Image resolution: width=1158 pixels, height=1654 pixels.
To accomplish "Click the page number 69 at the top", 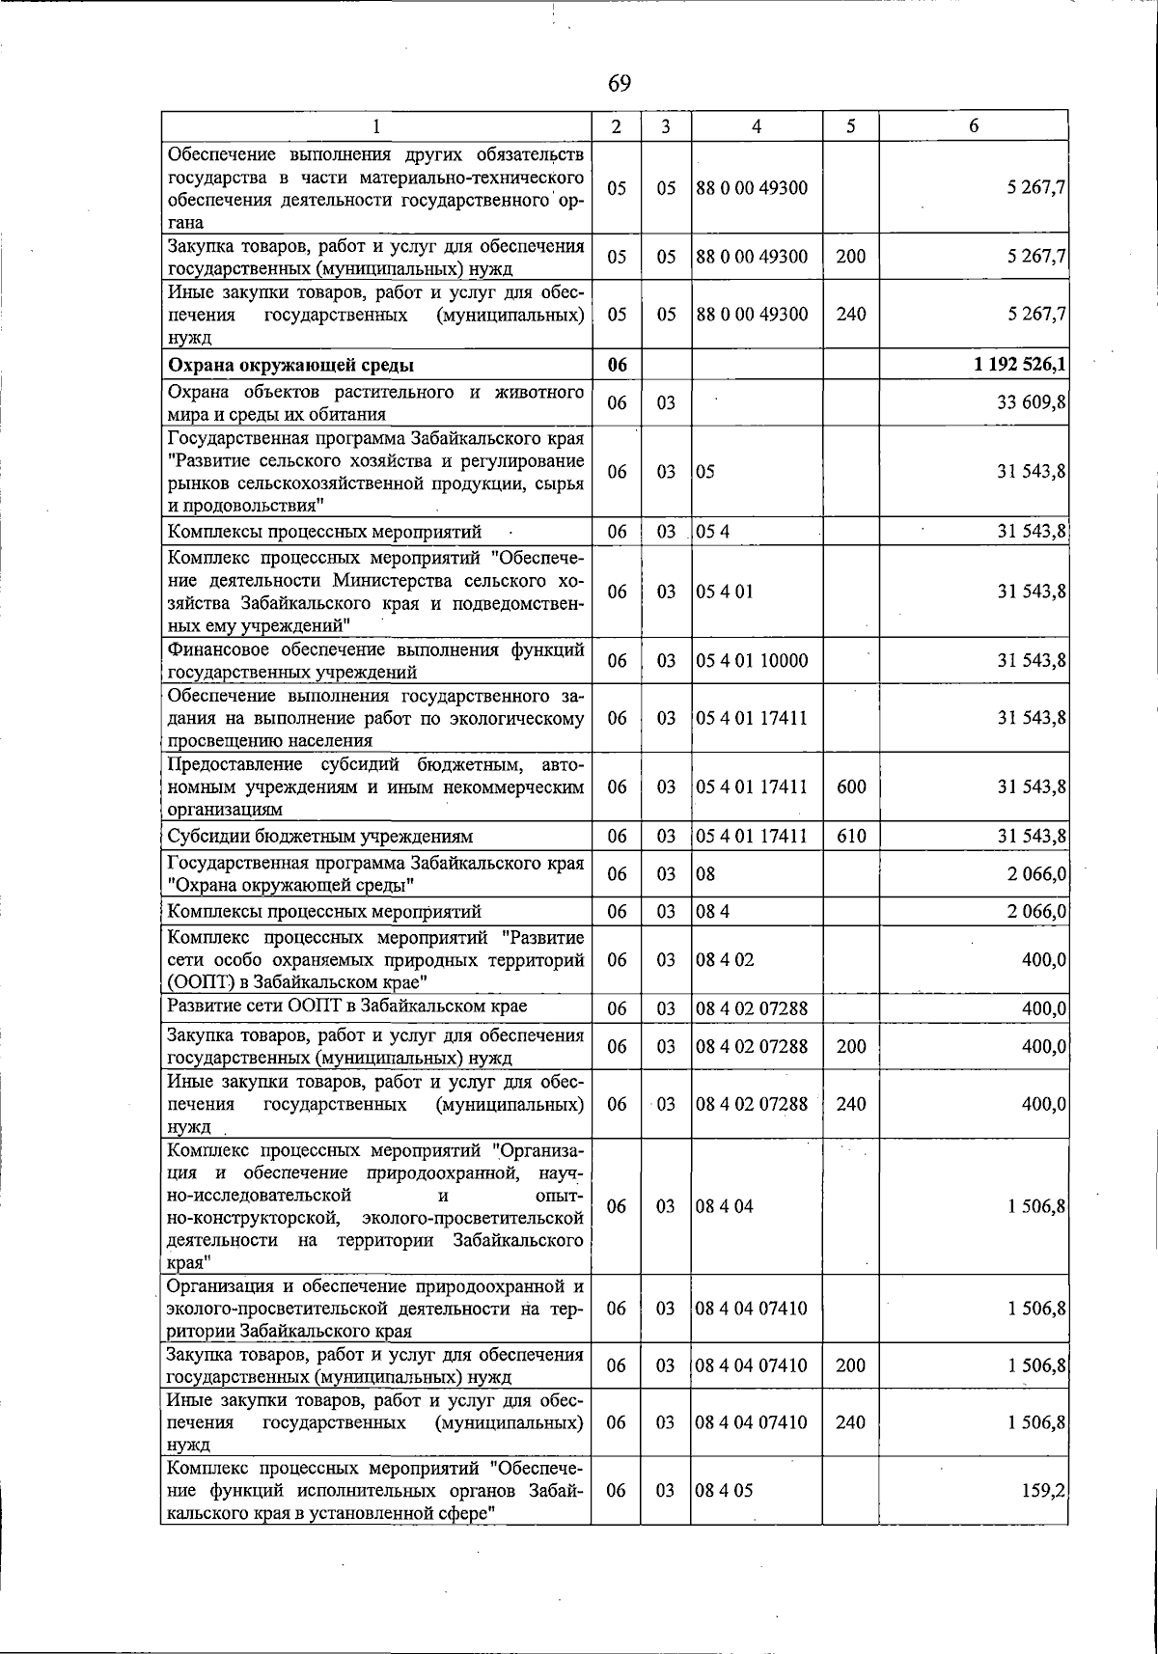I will (x=620, y=84).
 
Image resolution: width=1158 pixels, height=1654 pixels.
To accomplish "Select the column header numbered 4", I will (x=757, y=126).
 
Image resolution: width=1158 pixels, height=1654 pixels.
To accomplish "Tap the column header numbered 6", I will (x=974, y=126).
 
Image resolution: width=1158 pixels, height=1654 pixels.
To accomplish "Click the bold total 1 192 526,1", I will (x=1019, y=365).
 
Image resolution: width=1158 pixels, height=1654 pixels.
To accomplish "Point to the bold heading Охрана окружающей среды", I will (x=291, y=365).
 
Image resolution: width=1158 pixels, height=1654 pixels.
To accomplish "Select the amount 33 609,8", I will (x=1031, y=402).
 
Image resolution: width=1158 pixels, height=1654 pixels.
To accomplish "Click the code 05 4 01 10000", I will (x=752, y=661).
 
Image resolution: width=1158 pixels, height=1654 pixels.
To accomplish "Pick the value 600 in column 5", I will (x=851, y=786).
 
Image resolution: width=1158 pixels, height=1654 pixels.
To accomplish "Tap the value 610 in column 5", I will (x=851, y=836).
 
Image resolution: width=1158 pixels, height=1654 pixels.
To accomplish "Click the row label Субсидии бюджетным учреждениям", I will (x=320, y=836).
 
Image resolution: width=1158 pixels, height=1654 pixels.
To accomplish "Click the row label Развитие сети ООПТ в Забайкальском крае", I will (x=347, y=1006).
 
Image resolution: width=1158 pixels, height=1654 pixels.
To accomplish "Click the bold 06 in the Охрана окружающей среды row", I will (x=617, y=365).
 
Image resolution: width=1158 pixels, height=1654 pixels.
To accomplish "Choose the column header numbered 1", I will (x=376, y=126).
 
